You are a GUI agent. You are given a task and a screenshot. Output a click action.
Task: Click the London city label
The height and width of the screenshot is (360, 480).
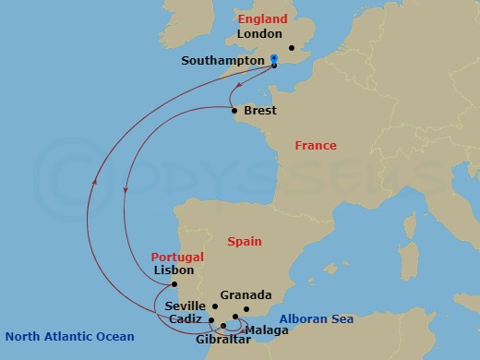tap(258, 34)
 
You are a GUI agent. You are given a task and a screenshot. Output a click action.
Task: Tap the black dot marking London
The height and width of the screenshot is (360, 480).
tap(291, 48)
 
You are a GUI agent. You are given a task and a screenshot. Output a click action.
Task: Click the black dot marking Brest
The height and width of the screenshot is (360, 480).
tap(234, 112)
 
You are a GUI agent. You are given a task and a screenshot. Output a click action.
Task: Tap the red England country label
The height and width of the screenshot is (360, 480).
tap(263, 18)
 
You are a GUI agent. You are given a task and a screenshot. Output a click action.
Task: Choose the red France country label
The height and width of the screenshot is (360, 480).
tap(316, 146)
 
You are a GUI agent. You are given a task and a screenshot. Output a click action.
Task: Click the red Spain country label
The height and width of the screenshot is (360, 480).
tap(246, 241)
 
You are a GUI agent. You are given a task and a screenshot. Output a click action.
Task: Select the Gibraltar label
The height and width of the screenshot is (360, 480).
tap(222, 339)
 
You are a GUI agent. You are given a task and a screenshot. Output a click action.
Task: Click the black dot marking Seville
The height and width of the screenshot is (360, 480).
tap(215, 306)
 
